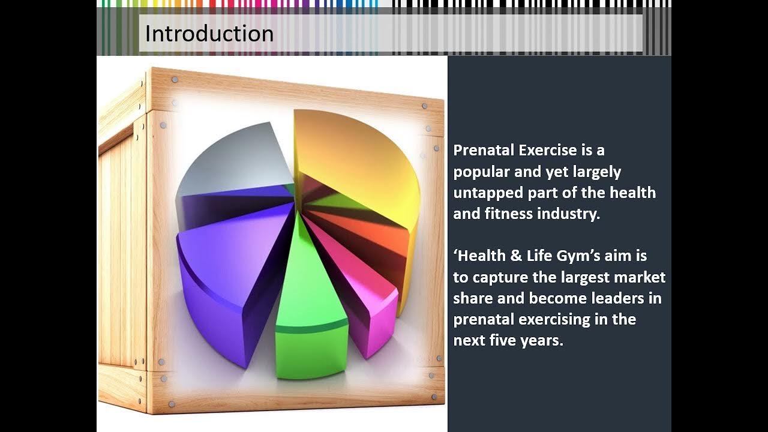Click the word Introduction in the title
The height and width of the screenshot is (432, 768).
[x=209, y=34]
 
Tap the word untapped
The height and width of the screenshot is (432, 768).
[x=488, y=193]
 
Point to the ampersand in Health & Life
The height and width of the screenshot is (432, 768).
[x=516, y=256]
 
